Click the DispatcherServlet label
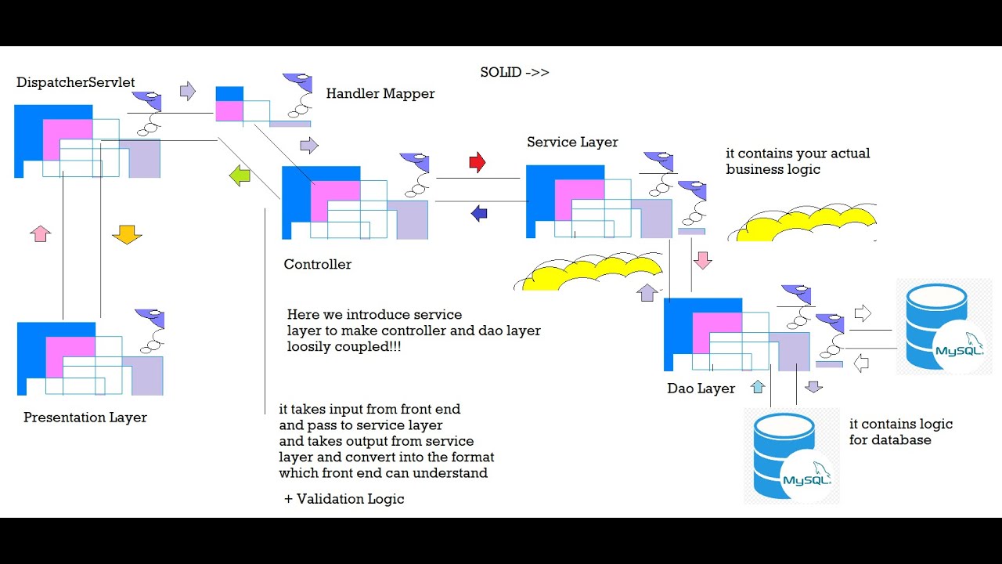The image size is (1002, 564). point(75,82)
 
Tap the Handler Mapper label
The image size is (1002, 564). point(380,93)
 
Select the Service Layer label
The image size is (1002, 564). point(572,143)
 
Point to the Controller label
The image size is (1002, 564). point(317,264)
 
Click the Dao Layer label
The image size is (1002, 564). point(701,389)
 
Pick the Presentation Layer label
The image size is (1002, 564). point(85,418)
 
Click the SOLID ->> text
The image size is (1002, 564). point(514,73)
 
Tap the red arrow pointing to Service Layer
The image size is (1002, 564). point(478,162)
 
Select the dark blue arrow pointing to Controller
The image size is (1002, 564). point(479,214)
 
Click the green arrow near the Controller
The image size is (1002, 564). point(240,175)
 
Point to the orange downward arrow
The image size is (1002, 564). point(127,234)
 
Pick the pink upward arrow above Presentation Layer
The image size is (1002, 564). point(40,233)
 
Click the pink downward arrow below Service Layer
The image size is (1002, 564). point(702,260)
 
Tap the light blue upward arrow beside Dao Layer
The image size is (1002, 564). point(757,387)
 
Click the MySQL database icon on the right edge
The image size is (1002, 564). point(944,327)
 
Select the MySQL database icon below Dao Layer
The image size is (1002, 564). point(791,456)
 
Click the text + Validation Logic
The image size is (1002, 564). point(344,499)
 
